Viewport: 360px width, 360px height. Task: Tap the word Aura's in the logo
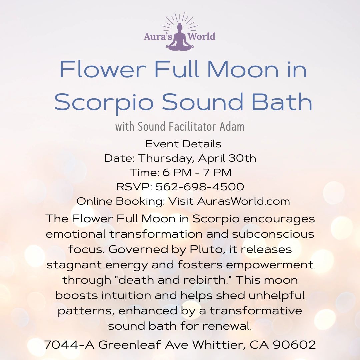pos(157,36)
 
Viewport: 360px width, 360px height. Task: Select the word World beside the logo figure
pos(202,36)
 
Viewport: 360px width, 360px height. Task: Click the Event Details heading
pos(183,144)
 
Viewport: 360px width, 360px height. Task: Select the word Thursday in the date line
pos(165,158)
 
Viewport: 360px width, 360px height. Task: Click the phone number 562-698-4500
pos(200,187)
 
